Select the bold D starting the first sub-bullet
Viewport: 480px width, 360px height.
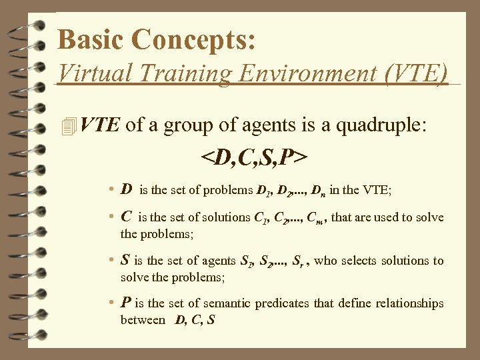click(x=126, y=189)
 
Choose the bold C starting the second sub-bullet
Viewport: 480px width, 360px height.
click(x=126, y=217)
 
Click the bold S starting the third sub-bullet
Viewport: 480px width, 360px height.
click(x=125, y=261)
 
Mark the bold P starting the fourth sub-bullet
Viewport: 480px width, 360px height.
click(x=125, y=303)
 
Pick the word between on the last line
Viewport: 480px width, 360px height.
click(x=143, y=320)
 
